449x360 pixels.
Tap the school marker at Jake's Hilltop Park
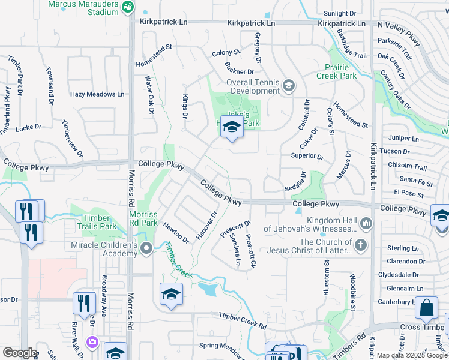231,127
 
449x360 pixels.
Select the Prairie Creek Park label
337,71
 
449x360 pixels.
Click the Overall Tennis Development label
253,87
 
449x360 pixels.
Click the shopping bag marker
426,308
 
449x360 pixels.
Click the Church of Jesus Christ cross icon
360,245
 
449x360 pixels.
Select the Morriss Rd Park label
143,218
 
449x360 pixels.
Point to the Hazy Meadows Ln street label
97,94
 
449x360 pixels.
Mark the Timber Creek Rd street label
242,321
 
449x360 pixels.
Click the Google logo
19,353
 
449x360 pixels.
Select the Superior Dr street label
307,157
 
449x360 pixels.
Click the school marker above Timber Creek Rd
171,295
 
